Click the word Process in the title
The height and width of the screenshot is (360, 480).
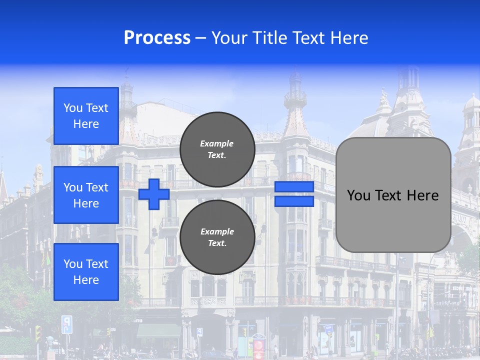click(157, 38)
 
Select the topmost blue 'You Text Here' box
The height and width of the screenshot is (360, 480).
click(86, 116)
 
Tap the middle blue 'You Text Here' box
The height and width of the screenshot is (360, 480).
click(86, 195)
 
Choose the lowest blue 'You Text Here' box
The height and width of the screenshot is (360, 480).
click(86, 271)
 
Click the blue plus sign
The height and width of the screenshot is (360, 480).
click(154, 194)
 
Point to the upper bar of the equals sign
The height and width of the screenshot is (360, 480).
click(294, 187)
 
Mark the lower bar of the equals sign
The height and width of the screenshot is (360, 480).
click(294, 201)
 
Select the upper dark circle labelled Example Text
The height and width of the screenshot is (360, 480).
click(217, 149)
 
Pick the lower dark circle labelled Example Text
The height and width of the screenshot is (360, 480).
click(217, 237)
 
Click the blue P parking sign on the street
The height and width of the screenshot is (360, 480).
click(66, 324)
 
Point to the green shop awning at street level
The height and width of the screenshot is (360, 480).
click(158, 330)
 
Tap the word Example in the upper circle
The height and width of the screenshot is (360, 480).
click(216, 143)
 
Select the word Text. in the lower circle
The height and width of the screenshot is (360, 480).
click(216, 243)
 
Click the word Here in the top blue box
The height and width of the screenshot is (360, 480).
click(86, 124)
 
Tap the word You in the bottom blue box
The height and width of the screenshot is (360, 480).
click(73, 264)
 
